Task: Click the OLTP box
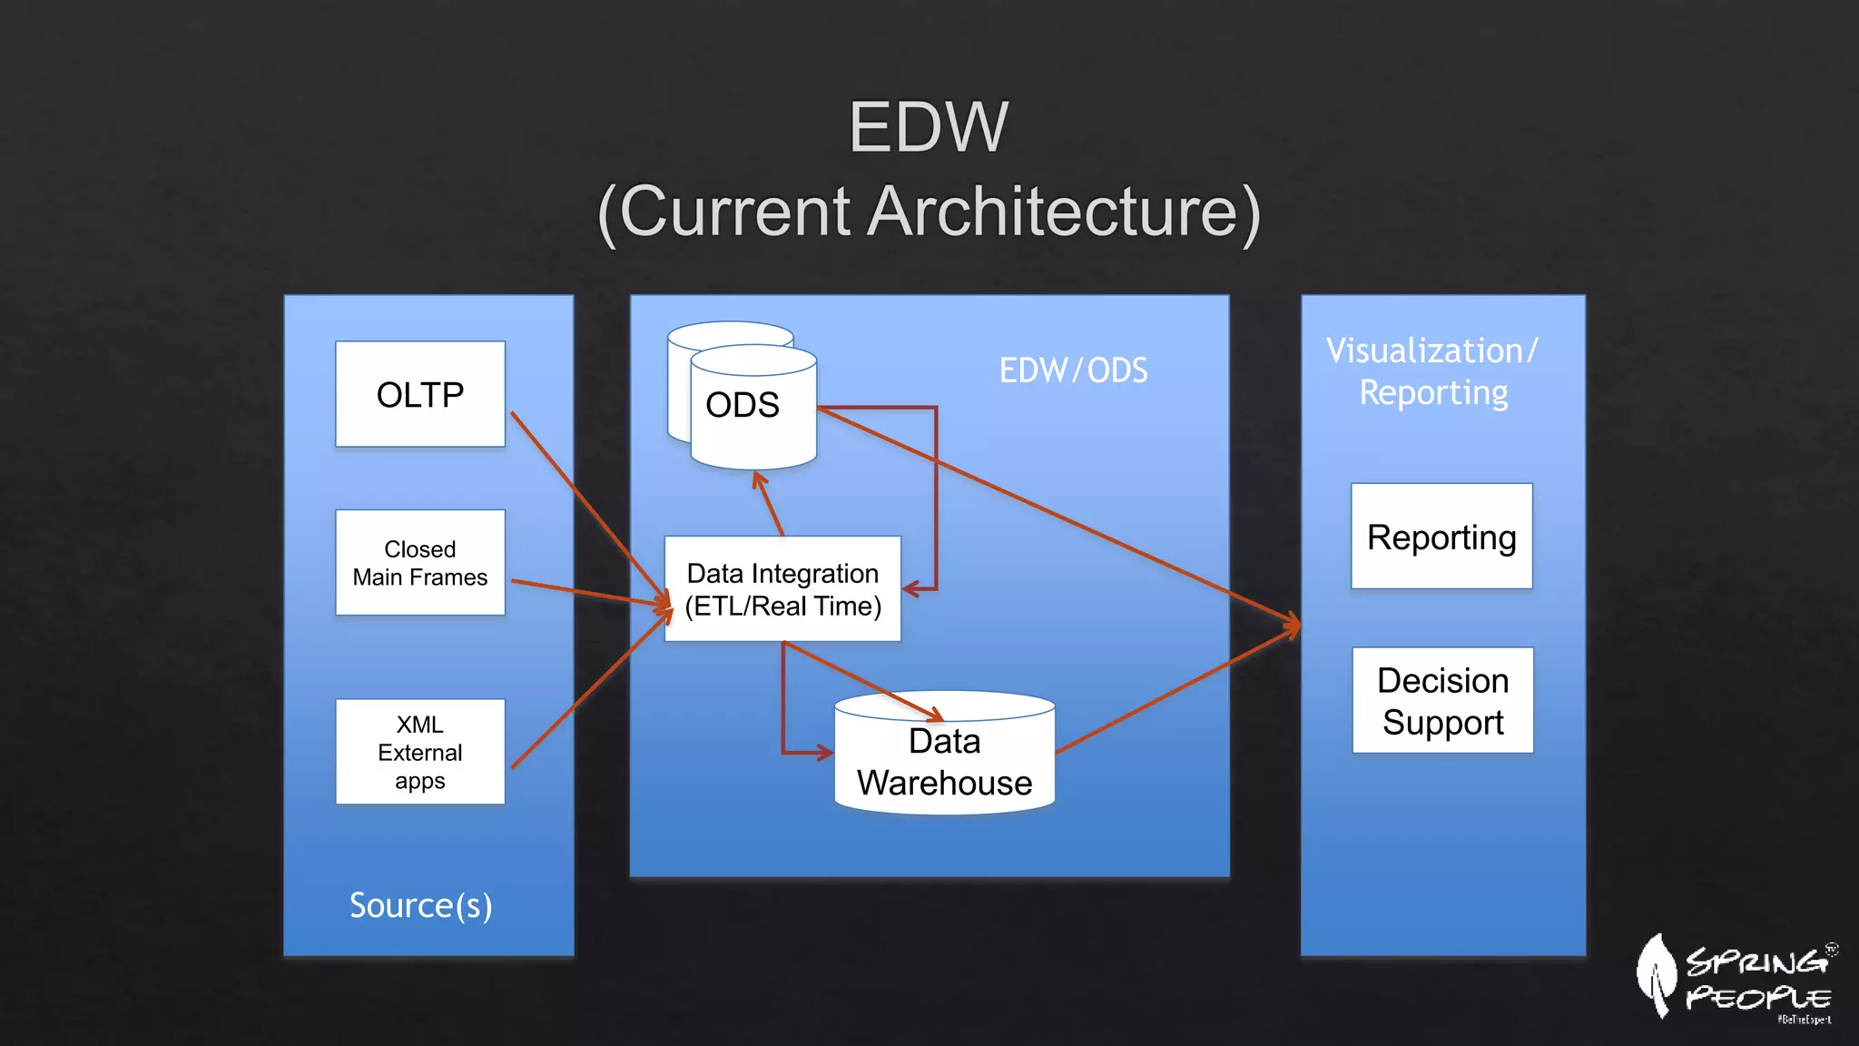pos(419,394)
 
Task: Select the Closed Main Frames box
pos(419,563)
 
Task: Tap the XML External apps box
pos(419,752)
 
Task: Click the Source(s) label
pos(420,905)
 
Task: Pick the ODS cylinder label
pos(743,405)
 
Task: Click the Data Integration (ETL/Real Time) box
pos(782,589)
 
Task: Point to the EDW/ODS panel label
pos(1073,370)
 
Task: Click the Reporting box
pos(1441,537)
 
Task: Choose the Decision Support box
pos(1442,700)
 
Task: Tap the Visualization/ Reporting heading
pos(1432,371)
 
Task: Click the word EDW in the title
pos(928,127)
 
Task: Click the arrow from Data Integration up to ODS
pos(769,504)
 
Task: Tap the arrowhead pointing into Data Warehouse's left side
pos(823,753)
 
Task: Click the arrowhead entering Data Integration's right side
pos(911,589)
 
